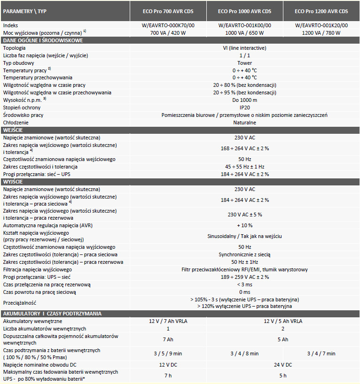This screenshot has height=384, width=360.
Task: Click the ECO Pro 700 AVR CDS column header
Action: pos(168,11)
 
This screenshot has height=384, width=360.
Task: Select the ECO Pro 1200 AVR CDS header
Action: pos(321,11)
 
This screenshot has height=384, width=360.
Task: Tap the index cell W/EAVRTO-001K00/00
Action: pos(244,25)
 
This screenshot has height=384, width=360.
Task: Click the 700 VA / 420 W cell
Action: pos(168,33)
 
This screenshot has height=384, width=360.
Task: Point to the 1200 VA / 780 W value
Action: pos(321,33)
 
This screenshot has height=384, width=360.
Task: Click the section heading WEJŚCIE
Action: pos(13,130)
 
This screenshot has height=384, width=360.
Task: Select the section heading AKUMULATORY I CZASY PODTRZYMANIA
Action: pos(52,314)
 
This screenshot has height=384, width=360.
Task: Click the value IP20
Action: pos(244,108)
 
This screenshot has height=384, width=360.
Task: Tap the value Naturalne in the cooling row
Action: pos(244,123)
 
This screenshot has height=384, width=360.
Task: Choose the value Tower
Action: pos(244,63)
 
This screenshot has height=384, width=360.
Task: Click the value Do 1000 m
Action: pos(244,100)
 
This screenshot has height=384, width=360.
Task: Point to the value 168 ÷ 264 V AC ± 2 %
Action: pos(244,148)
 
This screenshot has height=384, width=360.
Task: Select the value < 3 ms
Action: pos(244,284)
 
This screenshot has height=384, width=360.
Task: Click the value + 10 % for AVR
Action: pos(244,225)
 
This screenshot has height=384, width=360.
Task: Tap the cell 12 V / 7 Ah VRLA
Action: pos(168,321)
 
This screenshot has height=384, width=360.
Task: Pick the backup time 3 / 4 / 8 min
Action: pos(244,353)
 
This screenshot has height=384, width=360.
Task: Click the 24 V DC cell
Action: pos(283,365)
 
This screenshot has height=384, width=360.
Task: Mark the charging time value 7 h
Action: pos(168,376)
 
